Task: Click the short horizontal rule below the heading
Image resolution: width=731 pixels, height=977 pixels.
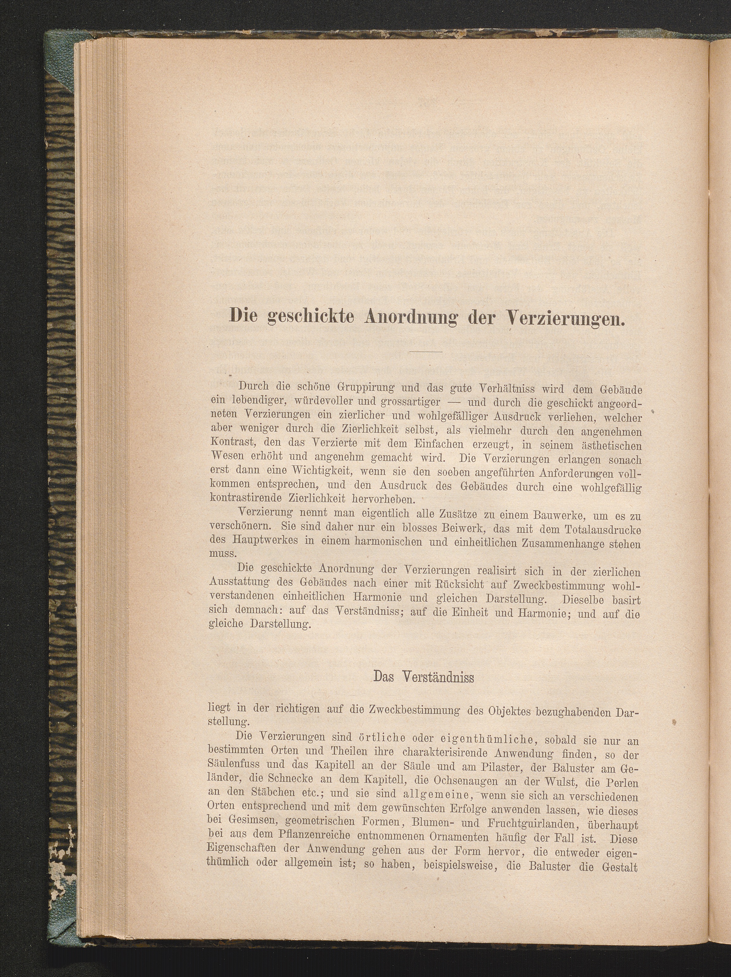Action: pyautogui.click(x=426, y=352)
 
